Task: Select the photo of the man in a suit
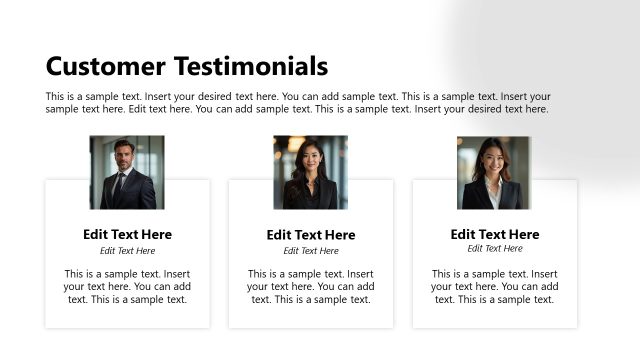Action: point(127,172)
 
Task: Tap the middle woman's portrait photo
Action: point(310,172)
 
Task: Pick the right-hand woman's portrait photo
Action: point(493,172)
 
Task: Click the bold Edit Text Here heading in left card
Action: point(127,234)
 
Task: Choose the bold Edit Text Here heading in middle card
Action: point(310,235)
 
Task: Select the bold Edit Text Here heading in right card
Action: point(494,234)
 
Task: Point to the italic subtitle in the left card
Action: point(127,251)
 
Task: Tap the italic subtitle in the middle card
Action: point(310,251)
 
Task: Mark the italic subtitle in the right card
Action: point(494,248)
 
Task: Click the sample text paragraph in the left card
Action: point(127,286)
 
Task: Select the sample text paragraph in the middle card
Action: point(310,286)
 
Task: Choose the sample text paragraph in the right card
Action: point(494,286)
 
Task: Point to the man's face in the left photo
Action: point(123,156)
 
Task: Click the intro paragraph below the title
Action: point(298,103)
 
